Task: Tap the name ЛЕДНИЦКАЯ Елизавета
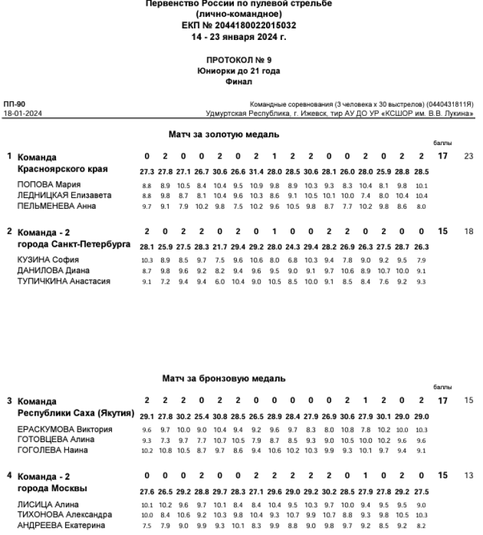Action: point(57,195)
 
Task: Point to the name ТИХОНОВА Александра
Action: point(57,513)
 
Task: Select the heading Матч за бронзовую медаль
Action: point(241,379)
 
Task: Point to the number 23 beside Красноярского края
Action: point(468,157)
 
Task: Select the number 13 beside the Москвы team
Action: point(468,475)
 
